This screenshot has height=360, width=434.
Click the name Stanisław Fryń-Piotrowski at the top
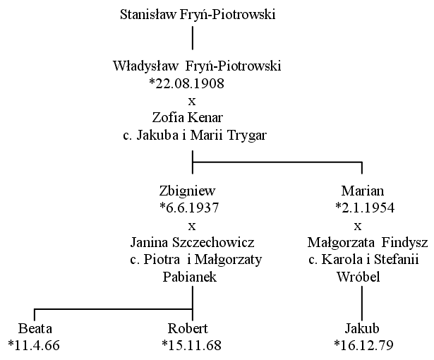[x=198, y=15]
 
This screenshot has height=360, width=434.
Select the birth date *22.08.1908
[x=186, y=83]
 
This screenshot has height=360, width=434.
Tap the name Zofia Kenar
[x=188, y=117]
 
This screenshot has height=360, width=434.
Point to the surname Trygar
[x=247, y=136]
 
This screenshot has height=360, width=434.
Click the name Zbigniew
[x=187, y=191]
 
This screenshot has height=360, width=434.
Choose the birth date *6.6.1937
[x=189, y=208]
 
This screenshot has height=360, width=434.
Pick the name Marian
[x=363, y=191]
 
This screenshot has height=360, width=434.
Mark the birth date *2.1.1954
[x=365, y=208]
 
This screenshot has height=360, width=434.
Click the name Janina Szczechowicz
[x=193, y=243]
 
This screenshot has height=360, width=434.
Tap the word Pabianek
[x=190, y=277]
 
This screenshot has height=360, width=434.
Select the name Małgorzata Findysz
[x=368, y=243]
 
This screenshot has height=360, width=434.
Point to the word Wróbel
[x=358, y=277]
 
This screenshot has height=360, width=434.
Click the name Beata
[x=35, y=329]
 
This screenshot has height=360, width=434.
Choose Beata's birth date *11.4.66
[x=34, y=346]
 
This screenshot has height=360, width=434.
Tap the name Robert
[x=188, y=329]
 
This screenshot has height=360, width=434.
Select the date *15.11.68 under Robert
[x=191, y=346]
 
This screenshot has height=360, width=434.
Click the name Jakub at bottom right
[x=362, y=329]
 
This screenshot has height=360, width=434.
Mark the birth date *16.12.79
[x=363, y=346]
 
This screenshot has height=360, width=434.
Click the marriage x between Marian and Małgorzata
[x=358, y=227]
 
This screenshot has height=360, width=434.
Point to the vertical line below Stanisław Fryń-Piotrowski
[x=193, y=38]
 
